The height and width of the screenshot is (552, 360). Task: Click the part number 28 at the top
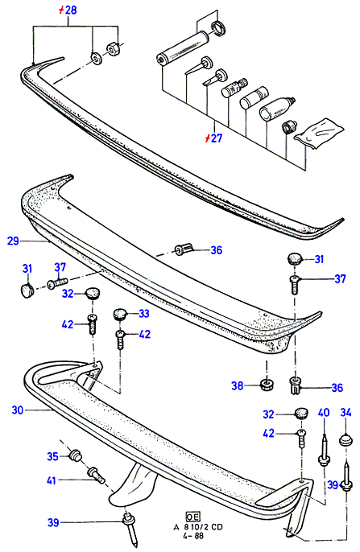coord(71,10)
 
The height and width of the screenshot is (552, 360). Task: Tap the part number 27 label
coord(217,138)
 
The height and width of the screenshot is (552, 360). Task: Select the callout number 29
coord(13,241)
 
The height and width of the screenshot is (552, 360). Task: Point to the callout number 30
coord(17,410)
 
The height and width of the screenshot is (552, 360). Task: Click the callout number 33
coord(143,313)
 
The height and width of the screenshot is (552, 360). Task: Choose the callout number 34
coord(346,412)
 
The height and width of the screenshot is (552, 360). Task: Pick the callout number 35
coord(52,456)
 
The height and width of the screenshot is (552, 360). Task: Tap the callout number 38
coord(238,386)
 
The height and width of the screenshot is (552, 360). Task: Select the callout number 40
coord(324,412)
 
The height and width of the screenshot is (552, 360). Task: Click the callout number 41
coord(52,480)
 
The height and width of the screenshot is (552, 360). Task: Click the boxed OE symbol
coord(192,517)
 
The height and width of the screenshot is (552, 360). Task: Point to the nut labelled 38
coord(267,384)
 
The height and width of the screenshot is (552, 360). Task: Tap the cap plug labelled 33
coord(121,313)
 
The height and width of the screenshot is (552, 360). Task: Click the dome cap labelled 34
coord(346,440)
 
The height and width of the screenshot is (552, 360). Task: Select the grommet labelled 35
coord(76,455)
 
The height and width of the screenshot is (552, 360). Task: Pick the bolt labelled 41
coord(95,475)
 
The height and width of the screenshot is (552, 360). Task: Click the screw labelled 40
coord(324,451)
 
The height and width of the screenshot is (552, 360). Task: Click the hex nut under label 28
coord(114,48)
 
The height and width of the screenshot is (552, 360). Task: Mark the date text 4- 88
coord(192,536)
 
